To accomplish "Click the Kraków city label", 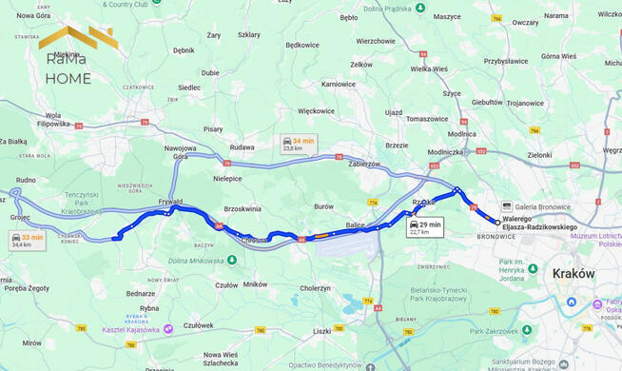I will pos(573,273).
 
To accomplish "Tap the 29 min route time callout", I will pos(425,227).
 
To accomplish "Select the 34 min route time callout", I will pos(299,144).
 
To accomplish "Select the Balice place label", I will pos(355,225).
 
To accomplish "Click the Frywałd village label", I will pos(170,202).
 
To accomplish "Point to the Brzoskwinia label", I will pos(242,208).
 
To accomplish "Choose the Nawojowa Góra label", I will pos(180,153).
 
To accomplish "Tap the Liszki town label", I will pos(321,331).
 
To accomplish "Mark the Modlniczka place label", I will pos(445,152).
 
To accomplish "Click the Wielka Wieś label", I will pos(428,68).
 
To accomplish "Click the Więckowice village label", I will pos(315,110).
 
